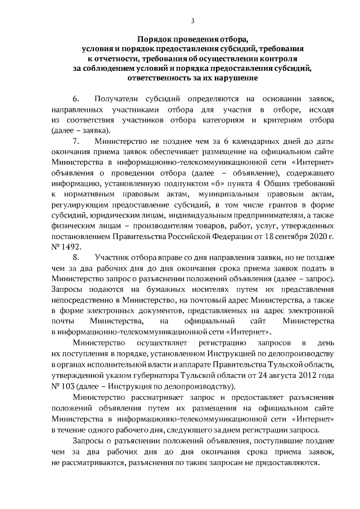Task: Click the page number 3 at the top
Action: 192,21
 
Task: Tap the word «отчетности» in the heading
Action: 119,58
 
